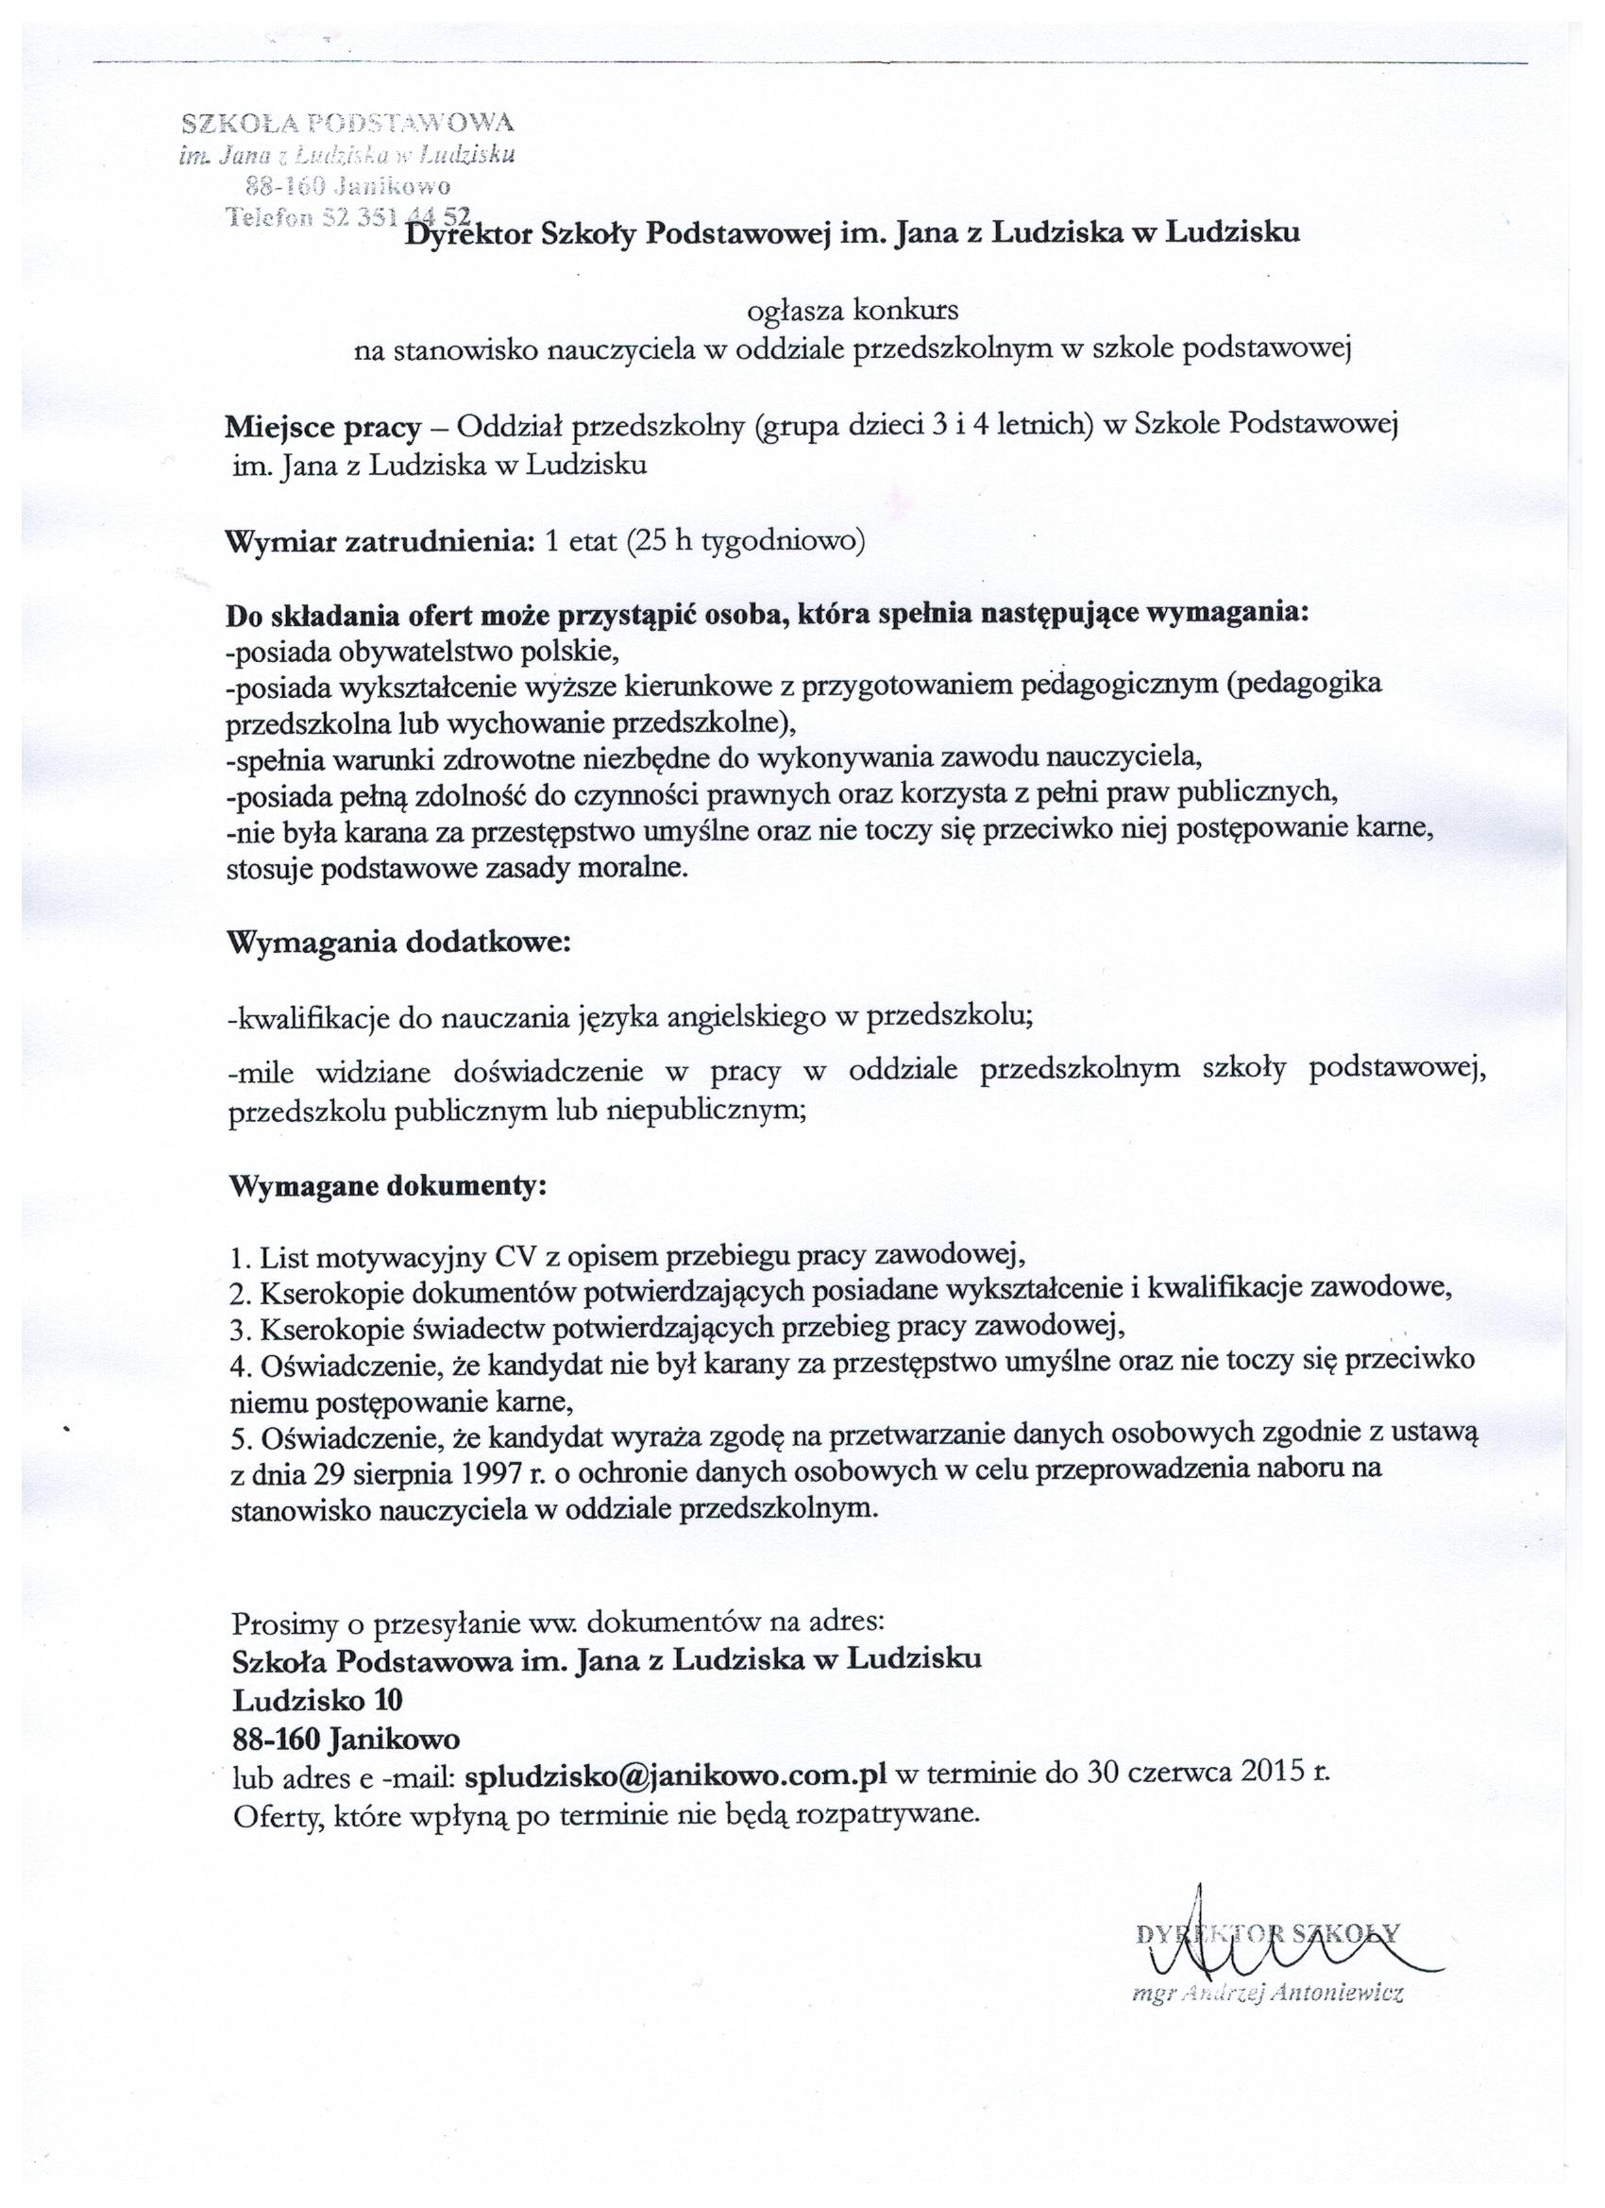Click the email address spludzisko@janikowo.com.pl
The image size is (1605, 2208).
tap(675, 1774)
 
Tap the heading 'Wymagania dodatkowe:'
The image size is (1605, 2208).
tap(397, 943)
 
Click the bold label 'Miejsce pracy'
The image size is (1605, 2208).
tap(322, 428)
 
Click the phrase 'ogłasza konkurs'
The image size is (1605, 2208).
tap(852, 311)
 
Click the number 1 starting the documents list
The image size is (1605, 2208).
tap(239, 1261)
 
